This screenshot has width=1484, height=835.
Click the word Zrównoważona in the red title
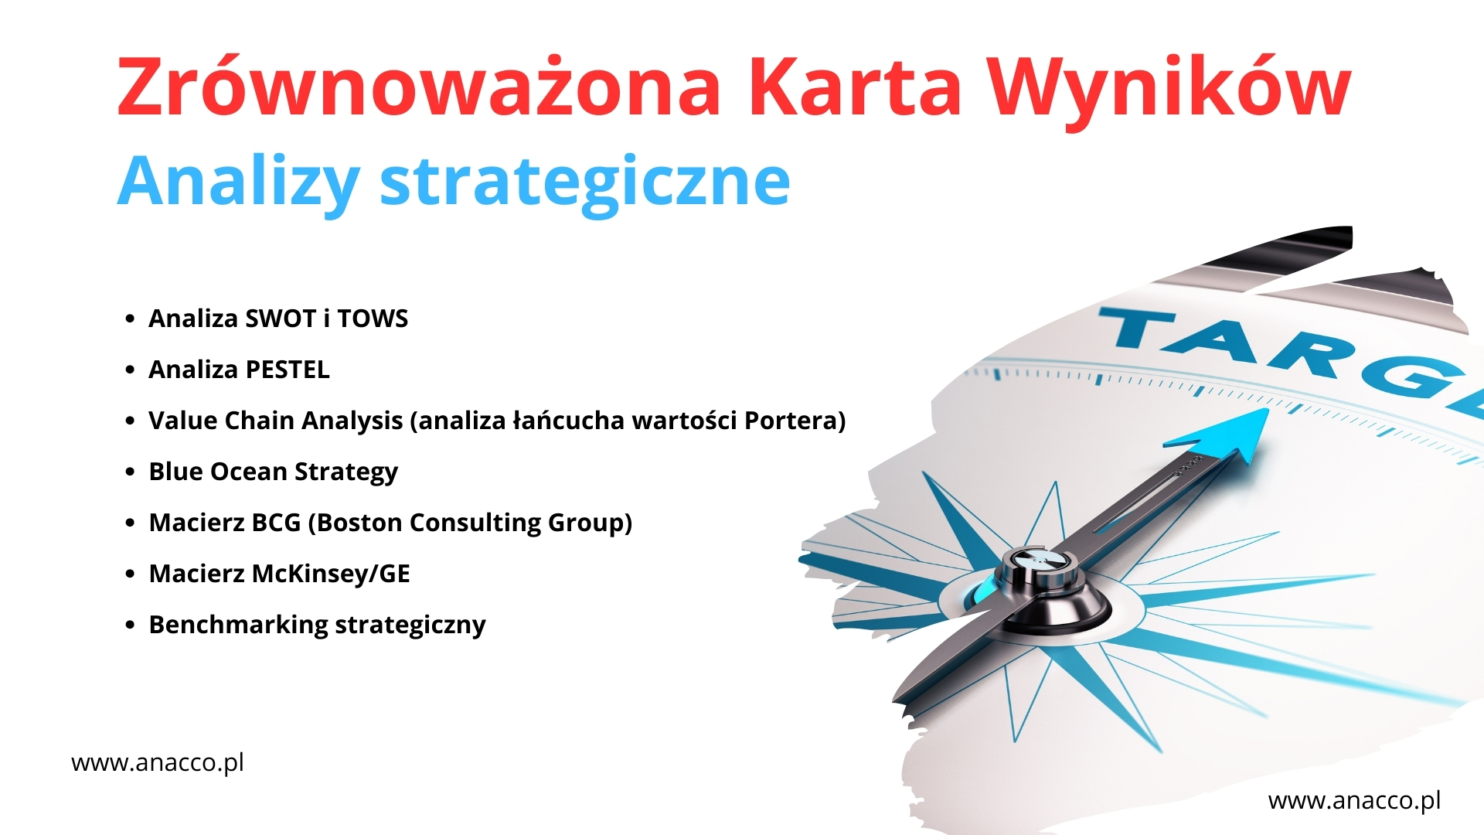tap(418, 87)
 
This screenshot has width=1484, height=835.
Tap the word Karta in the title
tap(855, 87)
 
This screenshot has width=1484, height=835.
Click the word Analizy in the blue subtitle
tap(238, 182)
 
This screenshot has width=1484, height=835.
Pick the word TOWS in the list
tap(373, 319)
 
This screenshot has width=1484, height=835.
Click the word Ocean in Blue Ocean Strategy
tap(249, 472)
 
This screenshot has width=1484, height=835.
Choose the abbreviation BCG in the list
tap(276, 523)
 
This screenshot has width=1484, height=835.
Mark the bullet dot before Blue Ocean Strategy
tap(130, 472)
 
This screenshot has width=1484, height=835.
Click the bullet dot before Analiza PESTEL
tap(130, 370)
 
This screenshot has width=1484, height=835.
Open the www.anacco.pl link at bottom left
tap(158, 763)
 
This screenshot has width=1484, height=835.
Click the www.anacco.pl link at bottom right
tap(1354, 801)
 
